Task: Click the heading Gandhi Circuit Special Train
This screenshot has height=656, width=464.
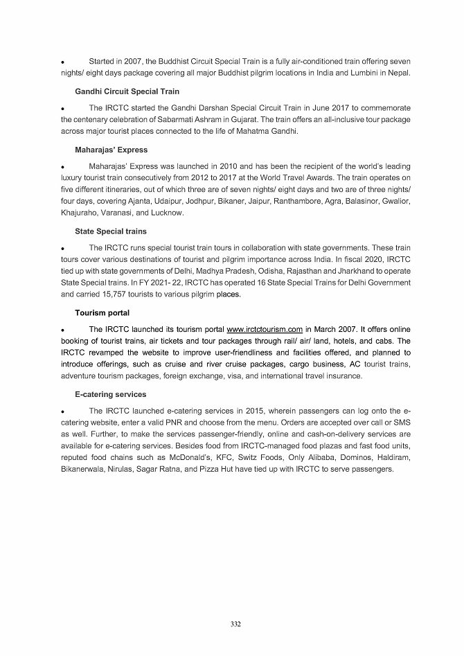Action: click(127, 91)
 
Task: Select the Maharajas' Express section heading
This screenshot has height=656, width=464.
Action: click(111, 150)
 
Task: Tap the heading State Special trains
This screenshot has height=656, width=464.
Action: click(110, 231)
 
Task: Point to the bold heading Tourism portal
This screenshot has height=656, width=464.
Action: click(102, 313)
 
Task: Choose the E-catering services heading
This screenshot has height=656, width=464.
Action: click(110, 394)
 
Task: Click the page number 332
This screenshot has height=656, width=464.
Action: click(235, 625)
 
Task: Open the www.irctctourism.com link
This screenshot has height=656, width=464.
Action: click(265, 330)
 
